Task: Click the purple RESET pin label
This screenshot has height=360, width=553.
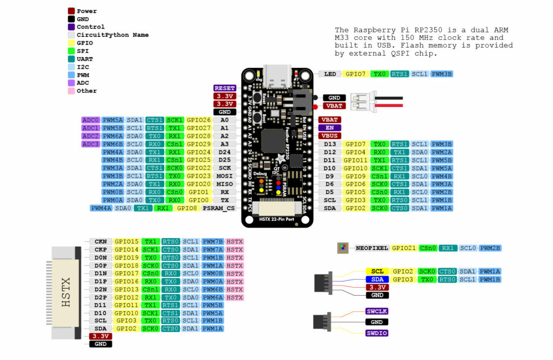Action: coord(225,88)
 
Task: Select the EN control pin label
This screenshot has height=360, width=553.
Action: coord(329,128)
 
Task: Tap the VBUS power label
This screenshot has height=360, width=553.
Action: coord(329,136)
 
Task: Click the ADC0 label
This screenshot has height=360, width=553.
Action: coord(90,120)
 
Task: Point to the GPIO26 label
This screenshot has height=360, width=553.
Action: coord(199,120)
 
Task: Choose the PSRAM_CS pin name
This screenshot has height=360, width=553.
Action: coord(219,208)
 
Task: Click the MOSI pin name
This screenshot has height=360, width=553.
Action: coord(225,176)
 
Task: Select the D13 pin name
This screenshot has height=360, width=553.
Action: coord(329,144)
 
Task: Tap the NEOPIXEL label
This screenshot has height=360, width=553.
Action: coord(372,248)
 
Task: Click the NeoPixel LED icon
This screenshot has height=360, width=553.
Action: coord(342,248)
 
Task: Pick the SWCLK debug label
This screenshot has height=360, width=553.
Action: coord(377,311)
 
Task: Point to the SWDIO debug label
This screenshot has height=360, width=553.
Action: coord(377,333)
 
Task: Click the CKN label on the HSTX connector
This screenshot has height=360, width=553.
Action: coord(100,242)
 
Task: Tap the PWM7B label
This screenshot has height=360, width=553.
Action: coord(213,242)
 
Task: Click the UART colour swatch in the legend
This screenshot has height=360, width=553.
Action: coord(71,59)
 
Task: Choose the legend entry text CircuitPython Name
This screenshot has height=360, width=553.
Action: coord(112,35)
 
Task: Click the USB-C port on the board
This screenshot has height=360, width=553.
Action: coord(277,77)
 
